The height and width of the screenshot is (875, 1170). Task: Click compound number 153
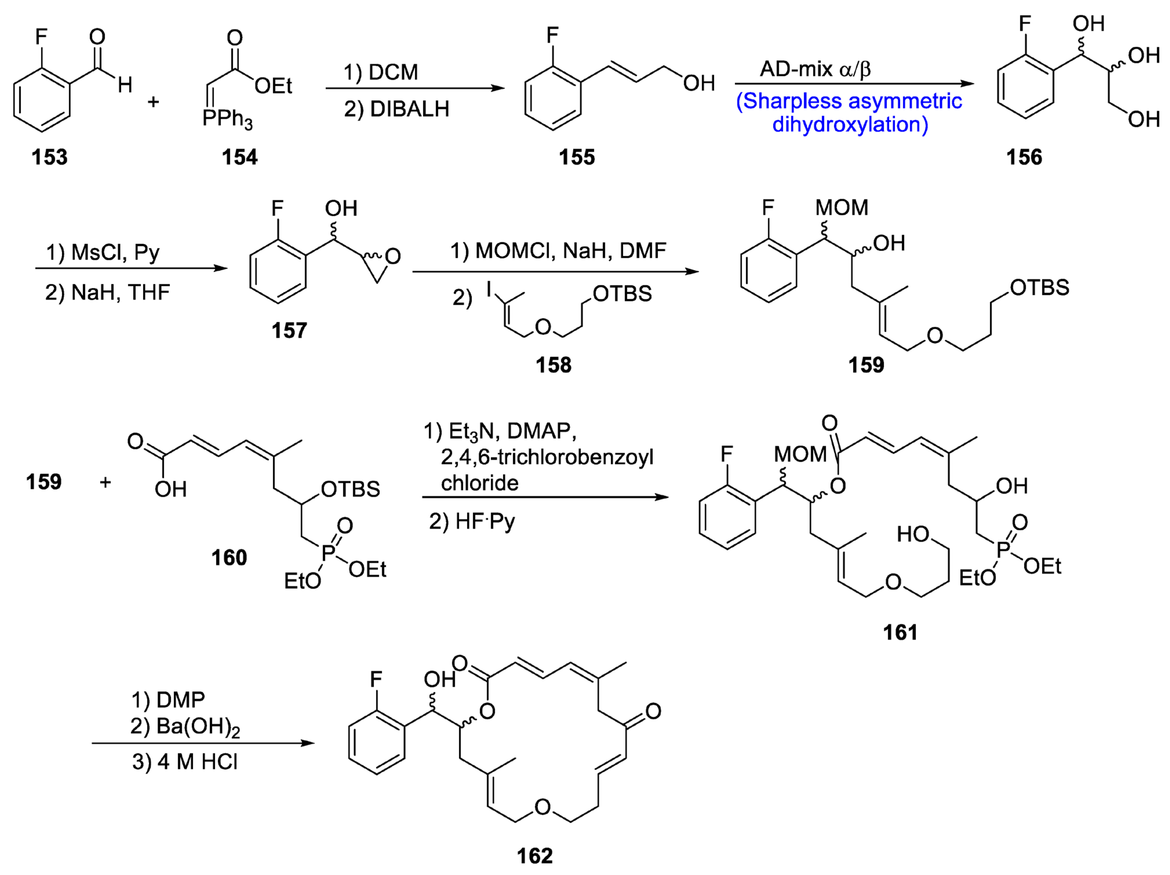pyautogui.click(x=49, y=157)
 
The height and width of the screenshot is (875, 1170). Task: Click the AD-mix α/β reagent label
pyautogui.click(x=815, y=69)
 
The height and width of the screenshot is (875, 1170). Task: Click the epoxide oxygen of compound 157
pyautogui.click(x=392, y=257)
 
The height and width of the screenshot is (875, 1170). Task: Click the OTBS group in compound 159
pyautogui.click(x=1039, y=288)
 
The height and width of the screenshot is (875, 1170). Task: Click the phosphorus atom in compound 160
pyautogui.click(x=328, y=553)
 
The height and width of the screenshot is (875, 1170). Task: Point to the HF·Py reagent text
pyautogui.click(x=472, y=522)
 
